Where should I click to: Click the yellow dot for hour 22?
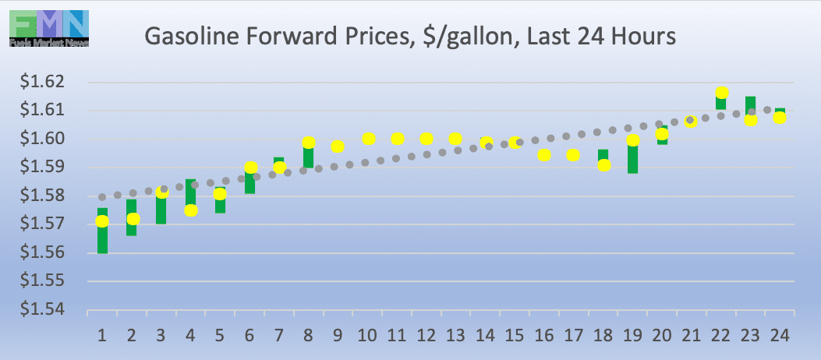tap(722, 94)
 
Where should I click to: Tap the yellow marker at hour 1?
tap(102, 221)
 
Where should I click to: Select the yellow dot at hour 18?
tap(603, 164)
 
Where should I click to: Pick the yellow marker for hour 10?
tap(369, 139)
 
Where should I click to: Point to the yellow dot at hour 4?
tap(190, 210)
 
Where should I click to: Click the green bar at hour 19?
tap(632, 159)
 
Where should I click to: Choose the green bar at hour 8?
tap(308, 154)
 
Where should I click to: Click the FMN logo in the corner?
tap(49, 28)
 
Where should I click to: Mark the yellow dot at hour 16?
tap(544, 155)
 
